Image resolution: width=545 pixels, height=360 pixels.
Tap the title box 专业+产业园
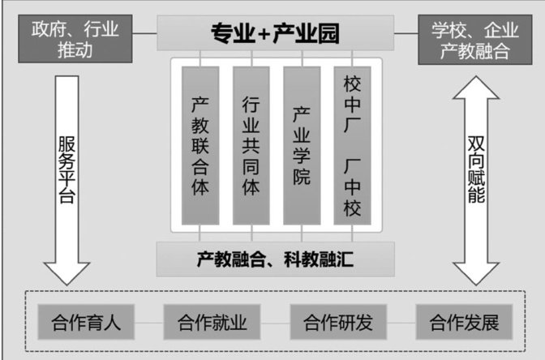click(x=274, y=34)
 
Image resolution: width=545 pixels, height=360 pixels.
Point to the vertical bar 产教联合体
click(x=200, y=146)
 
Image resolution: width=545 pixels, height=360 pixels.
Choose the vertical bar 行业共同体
click(x=251, y=146)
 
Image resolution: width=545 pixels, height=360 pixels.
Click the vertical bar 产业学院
click(x=302, y=146)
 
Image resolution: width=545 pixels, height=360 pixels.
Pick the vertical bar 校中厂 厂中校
click(x=352, y=146)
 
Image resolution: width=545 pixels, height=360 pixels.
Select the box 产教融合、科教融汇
click(x=274, y=259)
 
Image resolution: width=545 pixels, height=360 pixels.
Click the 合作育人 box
click(x=84, y=323)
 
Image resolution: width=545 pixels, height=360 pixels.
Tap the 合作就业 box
click(x=211, y=323)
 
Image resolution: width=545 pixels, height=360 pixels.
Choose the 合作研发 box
click(x=338, y=323)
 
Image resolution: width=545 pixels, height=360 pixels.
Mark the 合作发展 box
click(x=464, y=323)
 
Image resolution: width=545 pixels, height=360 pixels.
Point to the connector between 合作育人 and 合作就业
click(x=148, y=323)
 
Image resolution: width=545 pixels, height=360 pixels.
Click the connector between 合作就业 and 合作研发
click(x=274, y=323)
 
